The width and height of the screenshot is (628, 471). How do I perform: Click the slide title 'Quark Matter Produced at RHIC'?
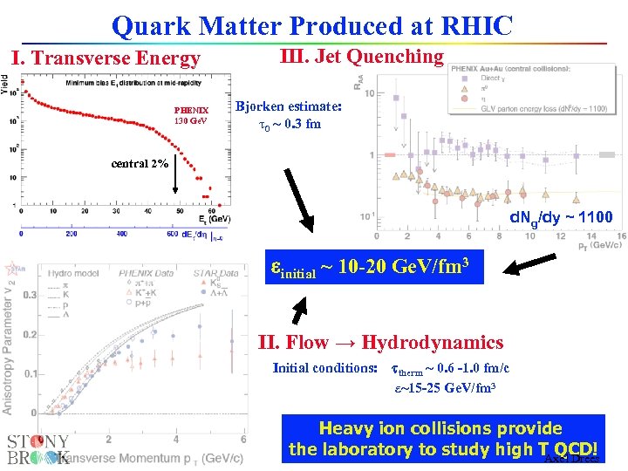(x=312, y=25)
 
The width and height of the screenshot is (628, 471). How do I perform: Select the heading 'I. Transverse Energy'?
(x=105, y=58)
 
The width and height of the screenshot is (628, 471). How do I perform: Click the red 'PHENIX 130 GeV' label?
(x=191, y=115)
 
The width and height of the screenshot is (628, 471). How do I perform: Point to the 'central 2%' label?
(x=139, y=164)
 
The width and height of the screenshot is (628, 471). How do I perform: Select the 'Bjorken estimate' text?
(x=290, y=114)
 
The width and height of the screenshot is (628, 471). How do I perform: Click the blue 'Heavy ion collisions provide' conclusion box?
(x=443, y=439)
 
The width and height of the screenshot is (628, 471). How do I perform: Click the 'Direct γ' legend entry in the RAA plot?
(x=493, y=78)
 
